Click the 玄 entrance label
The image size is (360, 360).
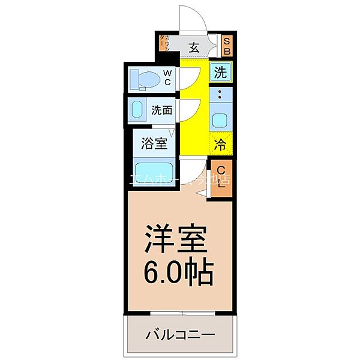click(x=195, y=46)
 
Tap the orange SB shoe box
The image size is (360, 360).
click(x=227, y=46)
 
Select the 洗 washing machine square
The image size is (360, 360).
click(x=221, y=73)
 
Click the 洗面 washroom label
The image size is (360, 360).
click(x=162, y=110)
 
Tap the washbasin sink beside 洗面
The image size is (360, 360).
click(x=137, y=110)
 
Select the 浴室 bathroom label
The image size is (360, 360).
click(x=154, y=143)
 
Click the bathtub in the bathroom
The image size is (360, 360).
click(x=154, y=170)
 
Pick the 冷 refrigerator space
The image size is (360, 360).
click(x=221, y=144)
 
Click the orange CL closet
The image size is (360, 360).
click(x=221, y=176)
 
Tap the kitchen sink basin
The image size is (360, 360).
click(x=220, y=118)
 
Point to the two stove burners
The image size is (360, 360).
click(x=220, y=94)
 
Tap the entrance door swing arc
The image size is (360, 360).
click(x=193, y=16)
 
